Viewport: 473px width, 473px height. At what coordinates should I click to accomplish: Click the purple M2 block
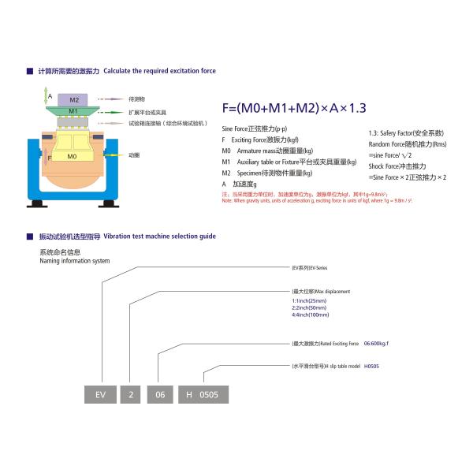[73, 100]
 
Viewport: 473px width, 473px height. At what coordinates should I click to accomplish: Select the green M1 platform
[73, 111]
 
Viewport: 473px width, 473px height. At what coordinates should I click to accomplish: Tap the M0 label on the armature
[72, 157]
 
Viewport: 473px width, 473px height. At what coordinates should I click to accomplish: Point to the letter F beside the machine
[50, 158]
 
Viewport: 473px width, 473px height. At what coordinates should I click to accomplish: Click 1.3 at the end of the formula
[357, 109]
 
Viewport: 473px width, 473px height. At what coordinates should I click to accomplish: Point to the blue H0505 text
[373, 367]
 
